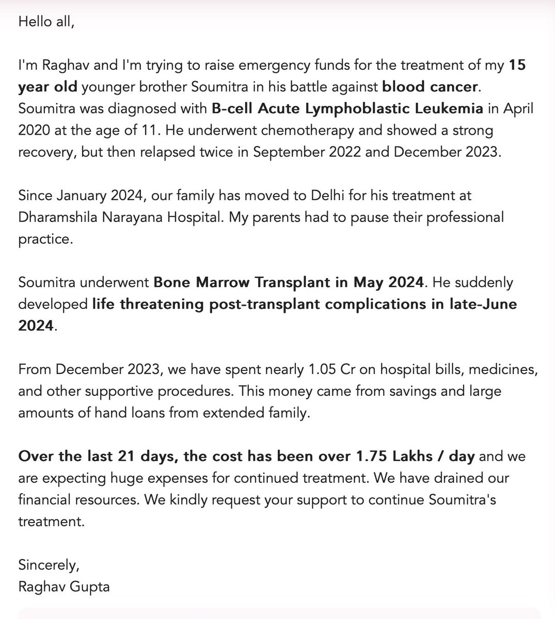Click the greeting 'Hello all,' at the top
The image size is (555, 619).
46,22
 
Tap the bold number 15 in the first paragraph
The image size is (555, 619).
518,66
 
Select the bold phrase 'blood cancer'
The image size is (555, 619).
430,87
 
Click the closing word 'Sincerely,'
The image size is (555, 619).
49,565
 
